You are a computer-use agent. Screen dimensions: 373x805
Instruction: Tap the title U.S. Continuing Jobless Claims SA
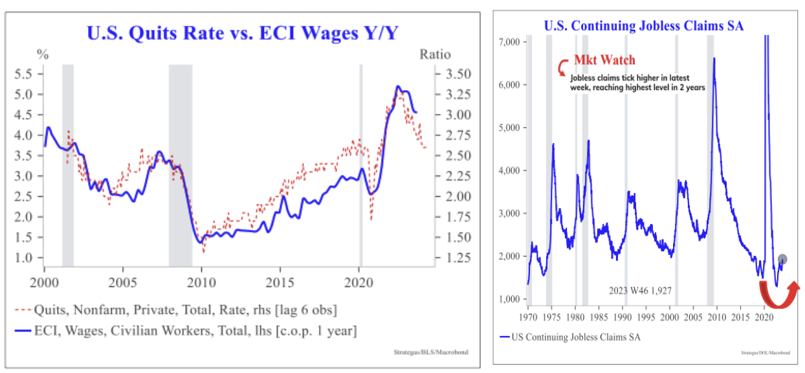643,26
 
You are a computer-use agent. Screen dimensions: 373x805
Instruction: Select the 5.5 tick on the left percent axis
23,74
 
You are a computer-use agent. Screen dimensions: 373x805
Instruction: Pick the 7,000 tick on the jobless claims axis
510,42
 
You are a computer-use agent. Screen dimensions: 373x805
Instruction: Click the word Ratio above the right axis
435,54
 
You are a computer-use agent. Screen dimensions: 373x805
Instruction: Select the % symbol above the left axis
43,54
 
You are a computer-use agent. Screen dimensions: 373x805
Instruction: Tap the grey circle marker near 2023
782,259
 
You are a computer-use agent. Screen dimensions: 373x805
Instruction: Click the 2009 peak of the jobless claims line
714,58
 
